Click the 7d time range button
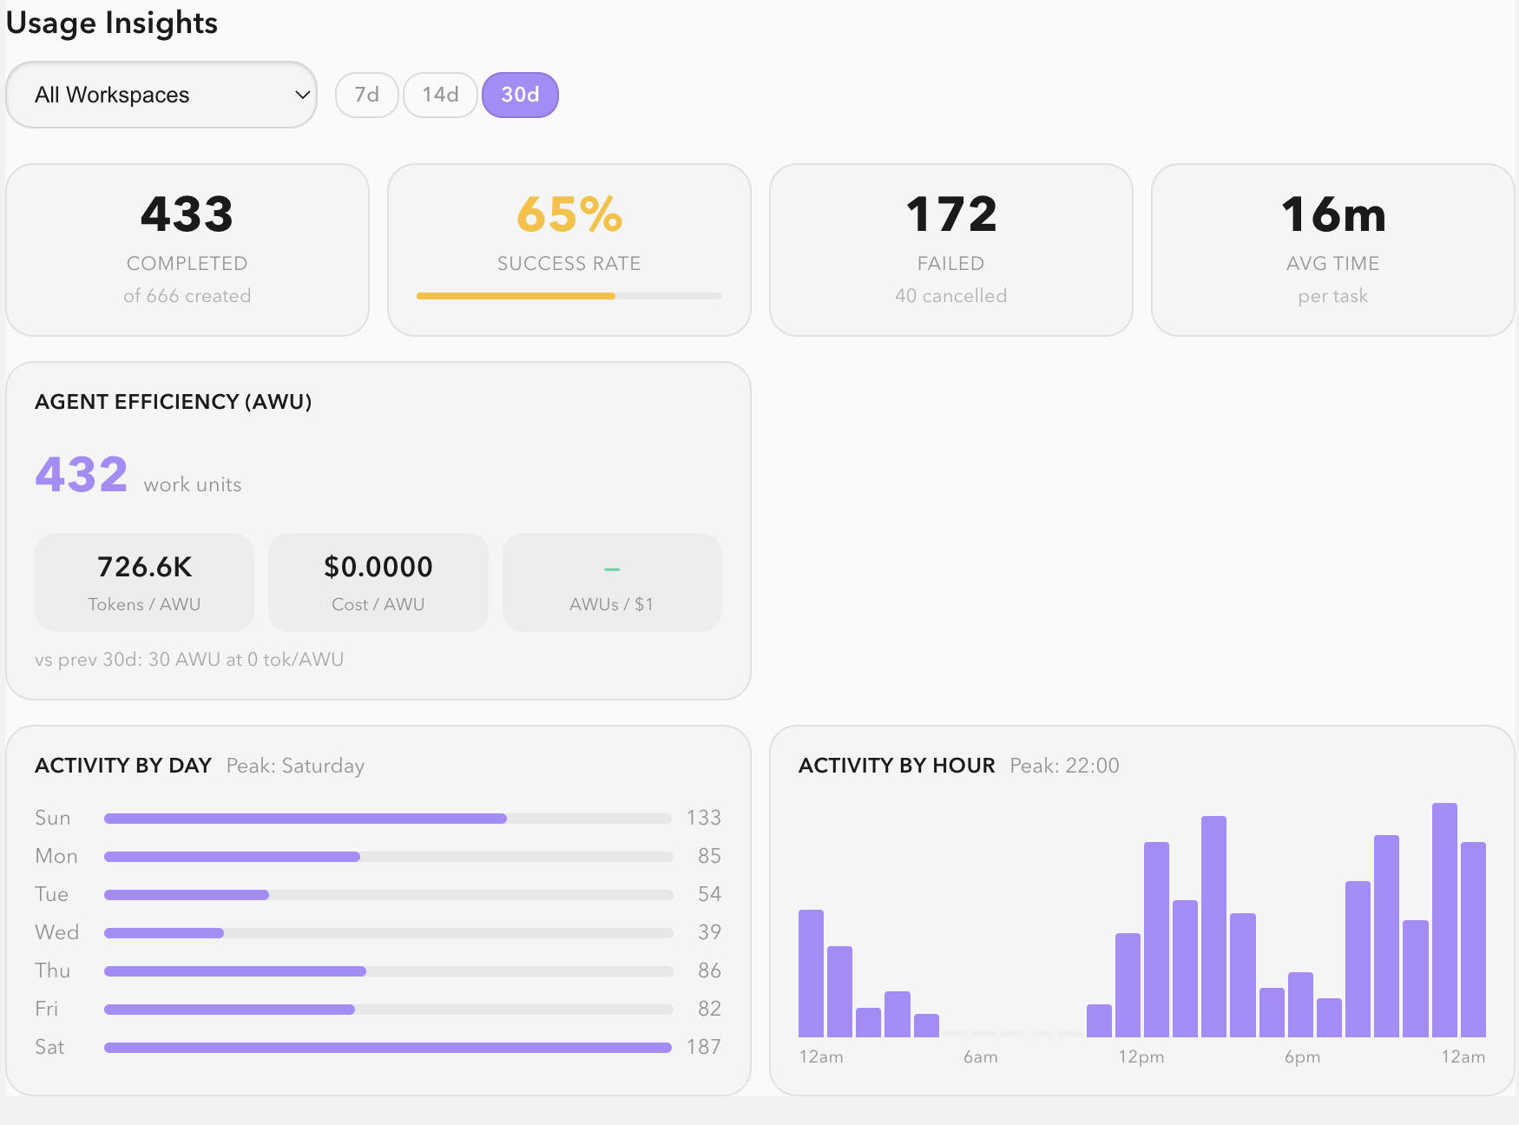(x=366, y=95)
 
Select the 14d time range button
(x=440, y=95)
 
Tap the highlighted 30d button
(x=520, y=95)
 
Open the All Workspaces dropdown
(x=161, y=95)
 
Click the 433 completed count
(x=187, y=214)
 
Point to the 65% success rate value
(x=569, y=214)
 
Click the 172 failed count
(x=951, y=214)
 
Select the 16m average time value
(x=1333, y=214)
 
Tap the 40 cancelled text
(x=951, y=296)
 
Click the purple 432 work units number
(x=82, y=475)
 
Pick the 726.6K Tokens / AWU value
(x=144, y=567)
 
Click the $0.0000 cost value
(x=378, y=567)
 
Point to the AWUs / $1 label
(x=611, y=604)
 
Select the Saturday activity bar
(x=387, y=1048)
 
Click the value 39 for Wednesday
(x=709, y=932)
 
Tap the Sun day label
(x=52, y=818)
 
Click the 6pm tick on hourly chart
(x=1302, y=1057)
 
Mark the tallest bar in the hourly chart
(x=1444, y=920)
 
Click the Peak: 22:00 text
(x=1064, y=766)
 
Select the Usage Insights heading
(x=112, y=23)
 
